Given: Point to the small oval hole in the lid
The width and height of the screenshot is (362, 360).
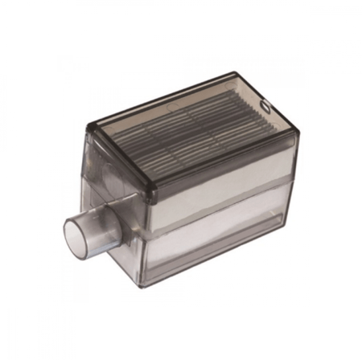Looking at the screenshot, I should click(x=268, y=104).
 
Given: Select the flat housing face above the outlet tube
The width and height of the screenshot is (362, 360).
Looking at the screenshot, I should click(x=121, y=189).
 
